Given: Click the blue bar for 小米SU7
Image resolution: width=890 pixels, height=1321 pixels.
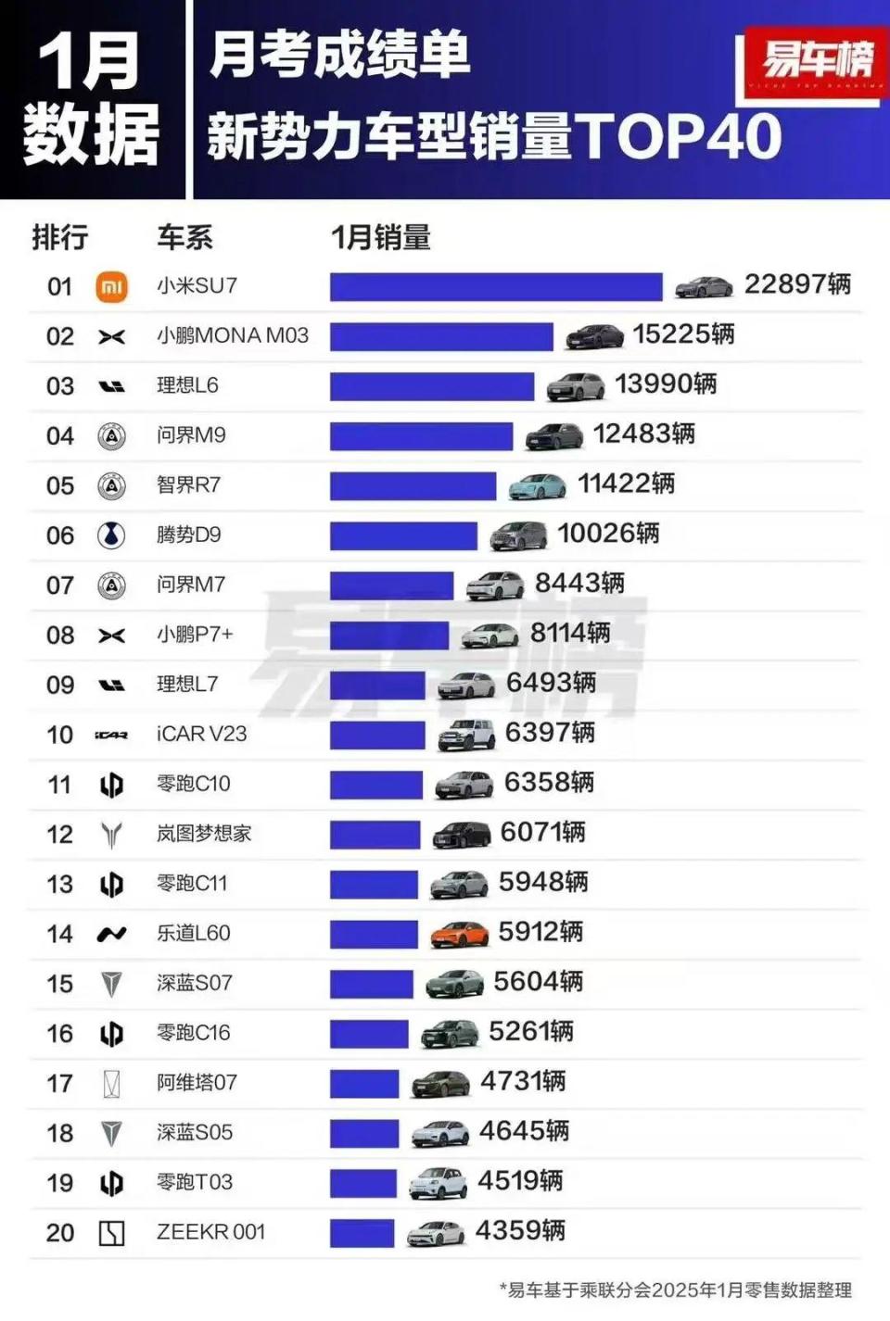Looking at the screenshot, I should [x=496, y=286].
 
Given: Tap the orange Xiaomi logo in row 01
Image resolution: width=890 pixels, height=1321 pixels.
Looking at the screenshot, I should [x=112, y=286].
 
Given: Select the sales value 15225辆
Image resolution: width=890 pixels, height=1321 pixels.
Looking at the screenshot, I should [x=683, y=334].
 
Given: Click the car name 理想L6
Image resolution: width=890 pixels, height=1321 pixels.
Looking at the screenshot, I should [x=187, y=385].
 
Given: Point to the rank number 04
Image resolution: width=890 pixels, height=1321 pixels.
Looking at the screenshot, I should [x=60, y=435].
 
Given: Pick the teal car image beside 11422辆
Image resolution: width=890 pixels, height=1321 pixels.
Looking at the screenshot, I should [x=537, y=485].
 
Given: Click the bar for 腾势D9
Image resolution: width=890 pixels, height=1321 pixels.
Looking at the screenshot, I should [x=403, y=535].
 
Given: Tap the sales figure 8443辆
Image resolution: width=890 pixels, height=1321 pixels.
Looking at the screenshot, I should [x=579, y=584].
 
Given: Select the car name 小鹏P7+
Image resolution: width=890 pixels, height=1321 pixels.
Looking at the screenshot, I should [x=195, y=635].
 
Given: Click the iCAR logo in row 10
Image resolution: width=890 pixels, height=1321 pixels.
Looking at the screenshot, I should [x=111, y=735].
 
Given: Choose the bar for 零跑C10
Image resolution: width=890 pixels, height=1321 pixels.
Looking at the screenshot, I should [x=375, y=785].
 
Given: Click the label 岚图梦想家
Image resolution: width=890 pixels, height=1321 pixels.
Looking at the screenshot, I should [x=204, y=834].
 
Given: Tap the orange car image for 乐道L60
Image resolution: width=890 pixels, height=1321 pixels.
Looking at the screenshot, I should [x=459, y=934].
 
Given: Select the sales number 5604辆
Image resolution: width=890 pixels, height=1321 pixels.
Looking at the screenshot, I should [x=538, y=982].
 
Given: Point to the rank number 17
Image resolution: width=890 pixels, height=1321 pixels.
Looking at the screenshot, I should [x=60, y=1083].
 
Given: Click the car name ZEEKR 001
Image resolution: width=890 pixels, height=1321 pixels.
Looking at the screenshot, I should [x=210, y=1232].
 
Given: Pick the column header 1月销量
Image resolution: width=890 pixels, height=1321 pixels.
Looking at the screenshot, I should [x=381, y=238].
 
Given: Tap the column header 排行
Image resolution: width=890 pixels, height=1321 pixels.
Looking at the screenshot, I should [x=60, y=238].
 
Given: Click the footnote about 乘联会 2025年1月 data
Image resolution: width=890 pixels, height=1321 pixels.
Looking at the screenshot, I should [x=675, y=1290].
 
